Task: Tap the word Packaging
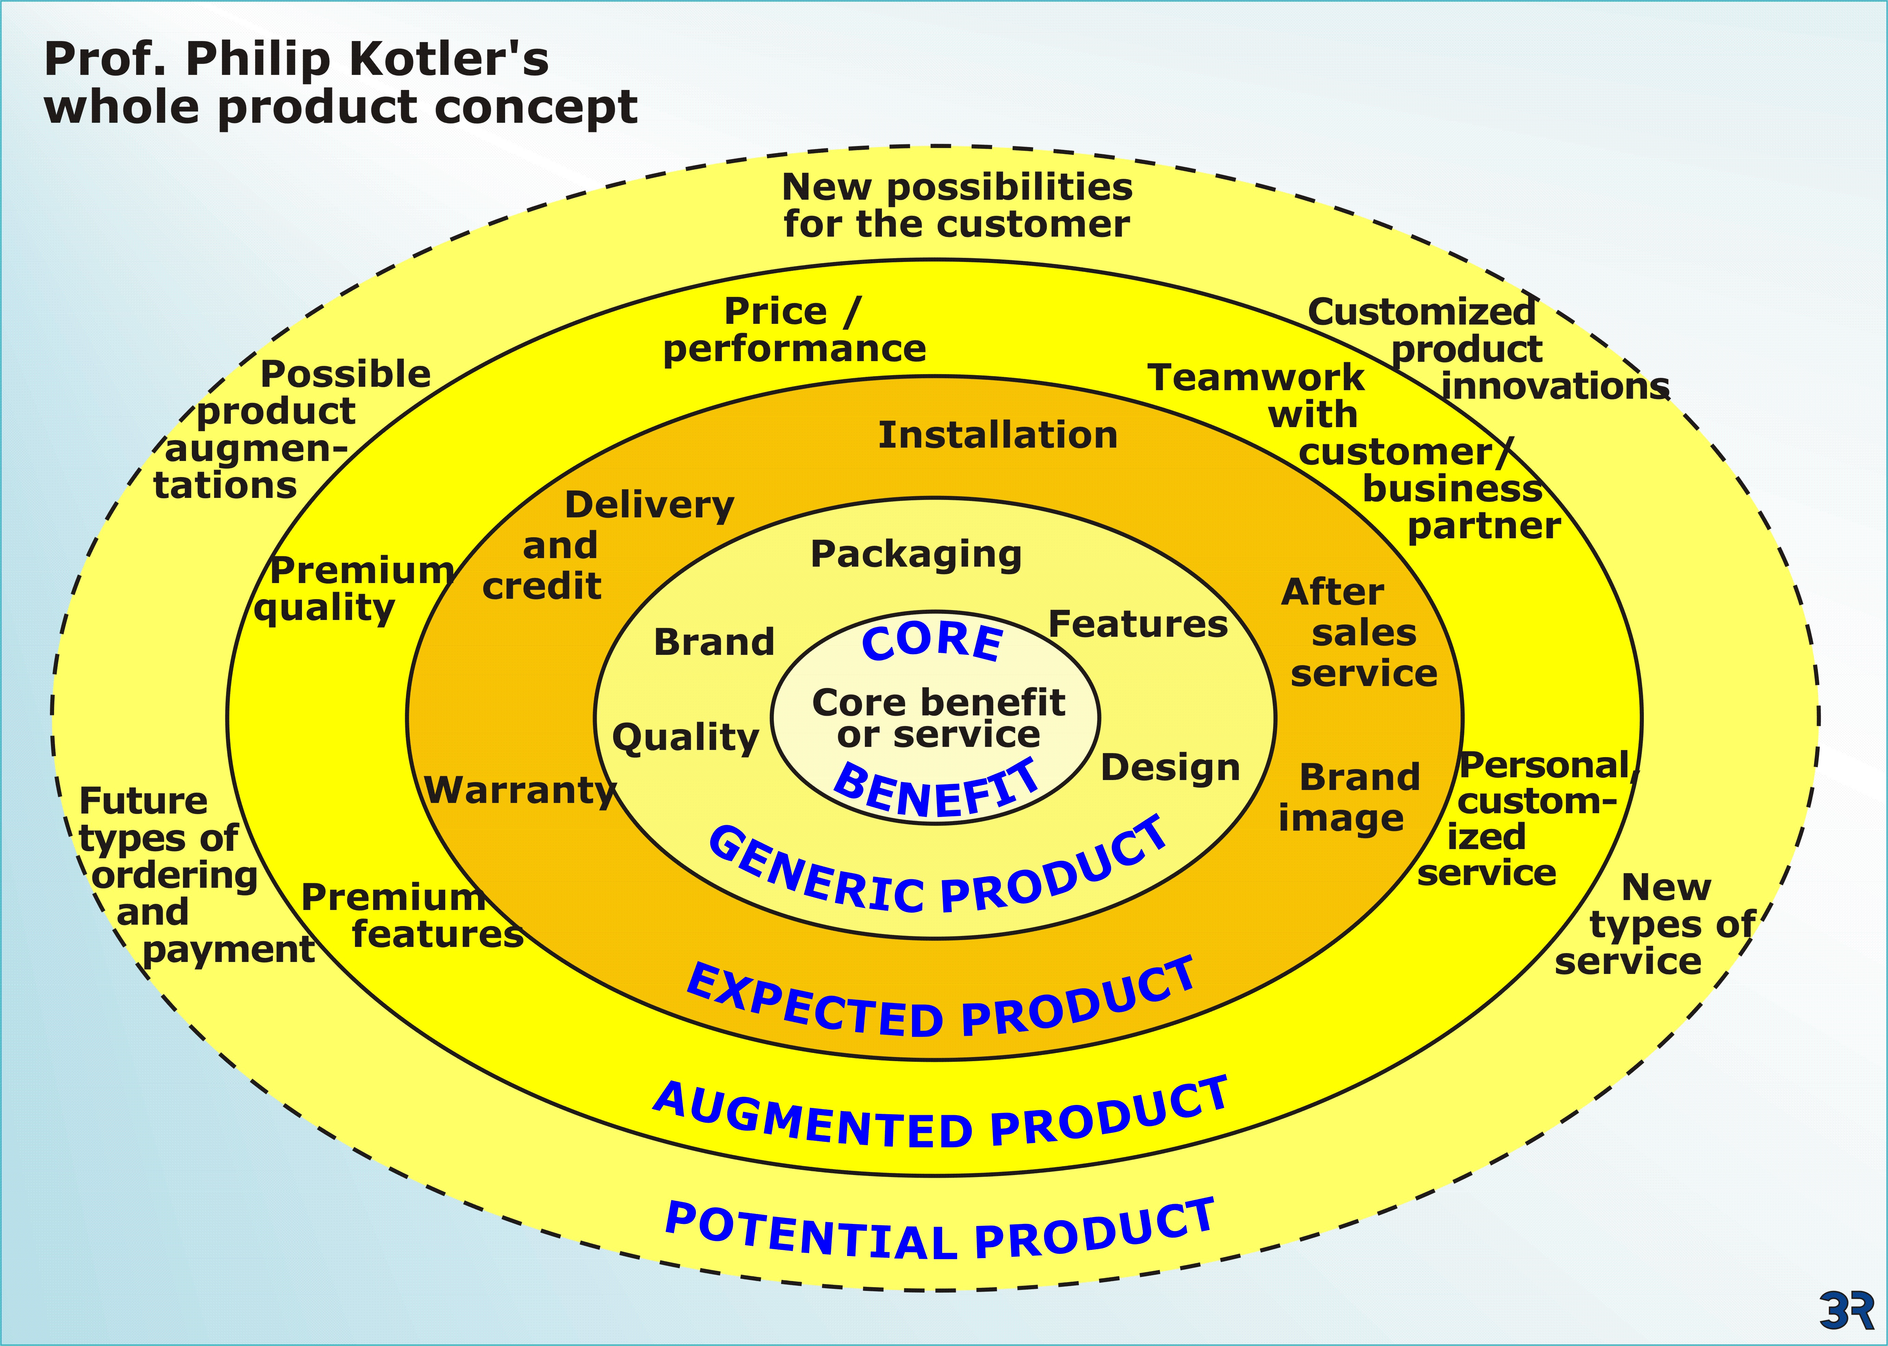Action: [916, 554]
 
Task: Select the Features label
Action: [1138, 624]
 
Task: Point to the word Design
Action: [1170, 768]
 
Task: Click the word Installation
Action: [998, 435]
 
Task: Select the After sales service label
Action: [1359, 632]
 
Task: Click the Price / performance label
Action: [794, 330]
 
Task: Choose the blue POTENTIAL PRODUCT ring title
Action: [941, 1235]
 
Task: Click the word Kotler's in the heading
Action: [448, 60]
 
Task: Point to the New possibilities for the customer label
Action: [957, 206]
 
